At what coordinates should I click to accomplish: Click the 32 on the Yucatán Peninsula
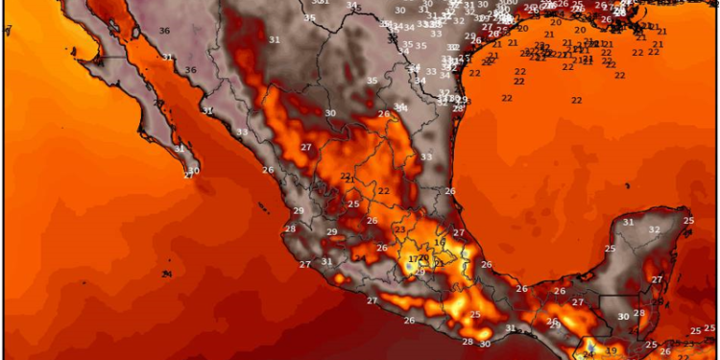pos(654,229)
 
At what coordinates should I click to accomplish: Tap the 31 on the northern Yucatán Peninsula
pos(628,223)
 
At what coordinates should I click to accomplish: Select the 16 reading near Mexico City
pos(439,245)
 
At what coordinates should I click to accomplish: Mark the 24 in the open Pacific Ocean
pos(167,275)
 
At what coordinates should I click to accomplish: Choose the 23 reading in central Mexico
pos(399,229)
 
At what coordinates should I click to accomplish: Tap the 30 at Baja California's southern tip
pos(194,172)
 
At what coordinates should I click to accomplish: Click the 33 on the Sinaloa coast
pos(242,132)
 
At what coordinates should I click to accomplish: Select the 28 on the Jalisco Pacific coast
pos(290,228)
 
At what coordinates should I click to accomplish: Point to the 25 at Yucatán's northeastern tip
pos(688,221)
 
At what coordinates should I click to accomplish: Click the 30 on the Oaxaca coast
pos(485,344)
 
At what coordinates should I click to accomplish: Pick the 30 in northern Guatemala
pos(623,317)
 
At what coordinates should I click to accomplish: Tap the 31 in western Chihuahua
pos(275,39)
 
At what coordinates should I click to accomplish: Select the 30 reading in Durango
pos(330,113)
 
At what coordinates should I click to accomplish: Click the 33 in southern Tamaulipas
pos(425,156)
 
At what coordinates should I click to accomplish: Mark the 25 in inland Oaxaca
pos(474,315)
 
